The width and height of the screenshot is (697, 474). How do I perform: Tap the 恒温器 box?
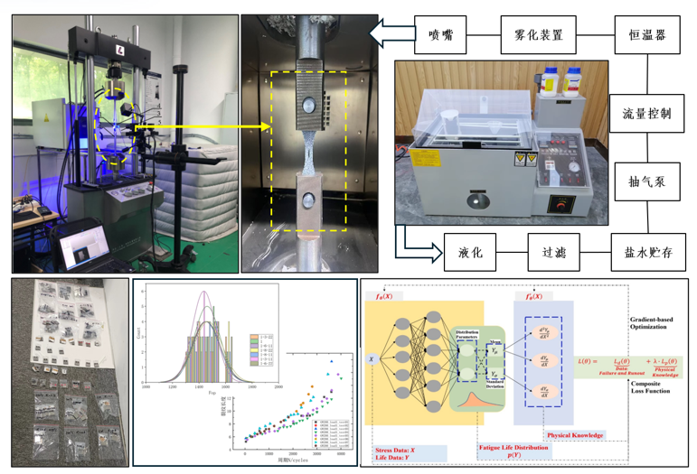647,36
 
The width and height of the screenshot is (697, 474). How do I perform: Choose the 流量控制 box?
647,114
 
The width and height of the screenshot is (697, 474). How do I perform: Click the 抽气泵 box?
647,181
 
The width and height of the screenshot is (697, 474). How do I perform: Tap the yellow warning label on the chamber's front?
519,161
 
